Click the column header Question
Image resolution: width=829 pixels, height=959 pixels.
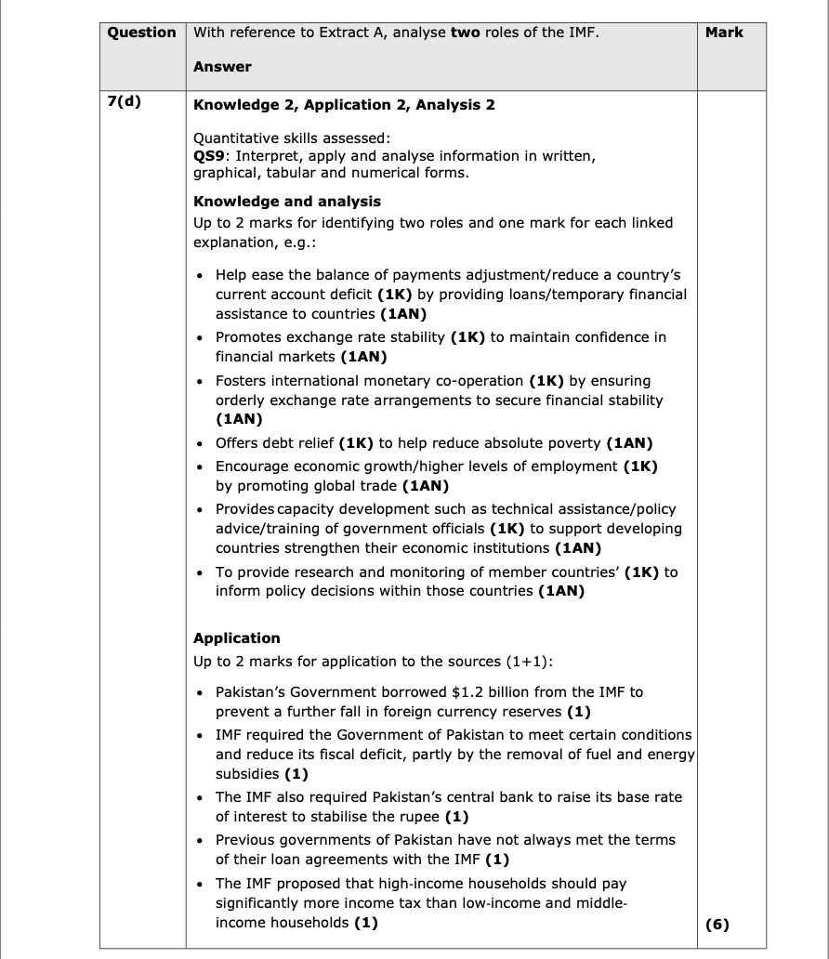141,33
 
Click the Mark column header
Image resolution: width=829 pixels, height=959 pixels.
724,33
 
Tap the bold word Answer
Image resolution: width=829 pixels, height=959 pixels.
222,67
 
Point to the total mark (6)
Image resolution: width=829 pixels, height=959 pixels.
717,924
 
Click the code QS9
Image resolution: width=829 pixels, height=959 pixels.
209,156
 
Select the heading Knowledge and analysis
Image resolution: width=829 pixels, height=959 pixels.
286,202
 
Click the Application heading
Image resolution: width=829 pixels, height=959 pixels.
236,638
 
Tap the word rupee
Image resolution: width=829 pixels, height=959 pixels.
419,817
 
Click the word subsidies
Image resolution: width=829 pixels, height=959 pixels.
247,774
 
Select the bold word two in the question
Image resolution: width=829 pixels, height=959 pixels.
465,33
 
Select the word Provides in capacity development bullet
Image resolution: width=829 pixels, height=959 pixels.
245,509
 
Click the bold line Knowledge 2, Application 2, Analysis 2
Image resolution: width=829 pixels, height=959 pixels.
344,105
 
